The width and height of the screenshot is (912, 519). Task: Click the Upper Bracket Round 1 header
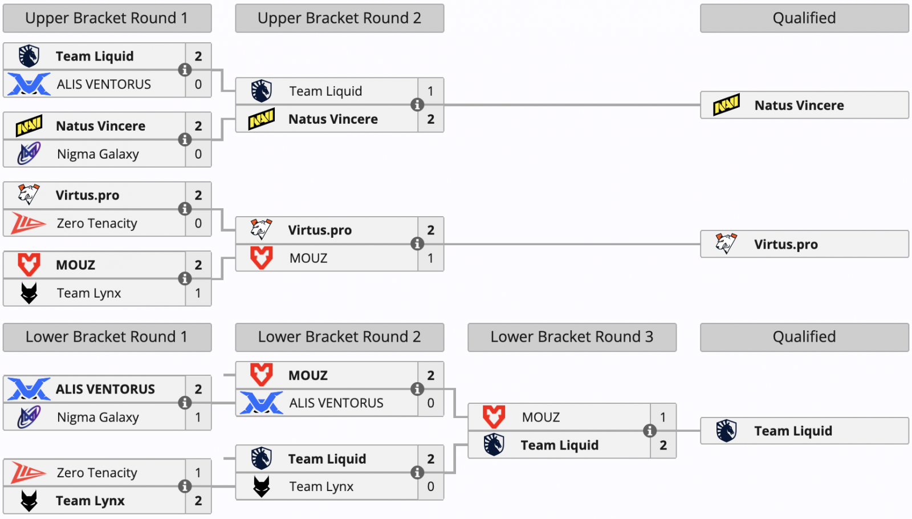tap(107, 18)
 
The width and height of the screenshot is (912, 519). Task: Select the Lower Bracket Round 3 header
tap(572, 337)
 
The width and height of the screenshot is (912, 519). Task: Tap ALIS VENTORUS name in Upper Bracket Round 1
tap(104, 84)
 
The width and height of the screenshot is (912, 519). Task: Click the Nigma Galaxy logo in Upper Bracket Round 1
tap(29, 154)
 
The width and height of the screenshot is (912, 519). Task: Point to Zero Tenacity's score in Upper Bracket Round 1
tap(198, 224)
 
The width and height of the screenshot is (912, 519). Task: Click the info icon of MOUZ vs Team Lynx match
tap(185, 279)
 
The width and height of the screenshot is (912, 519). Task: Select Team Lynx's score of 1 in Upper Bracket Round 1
tap(198, 293)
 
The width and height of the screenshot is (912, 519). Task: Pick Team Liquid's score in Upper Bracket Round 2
tap(430, 91)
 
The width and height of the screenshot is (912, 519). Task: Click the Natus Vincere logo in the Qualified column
tap(726, 106)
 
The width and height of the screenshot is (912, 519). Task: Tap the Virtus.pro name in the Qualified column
tap(785, 245)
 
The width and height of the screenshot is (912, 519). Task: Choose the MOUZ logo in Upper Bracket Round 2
tap(262, 258)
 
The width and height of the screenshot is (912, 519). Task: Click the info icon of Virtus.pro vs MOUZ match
tap(417, 244)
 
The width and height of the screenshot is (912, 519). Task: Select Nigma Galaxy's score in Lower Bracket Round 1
tap(198, 417)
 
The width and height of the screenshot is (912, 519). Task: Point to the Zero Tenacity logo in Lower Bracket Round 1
tap(28, 473)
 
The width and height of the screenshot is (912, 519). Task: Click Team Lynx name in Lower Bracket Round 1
tap(90, 501)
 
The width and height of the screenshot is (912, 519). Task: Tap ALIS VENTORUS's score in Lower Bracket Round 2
tap(430, 403)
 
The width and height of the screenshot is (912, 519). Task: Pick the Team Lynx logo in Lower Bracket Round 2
tap(262, 486)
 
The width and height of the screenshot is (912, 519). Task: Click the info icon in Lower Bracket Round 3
tap(649, 431)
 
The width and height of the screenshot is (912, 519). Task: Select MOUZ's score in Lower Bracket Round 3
tap(663, 417)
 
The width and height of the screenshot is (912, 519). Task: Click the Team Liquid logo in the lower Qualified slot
tap(726, 431)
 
